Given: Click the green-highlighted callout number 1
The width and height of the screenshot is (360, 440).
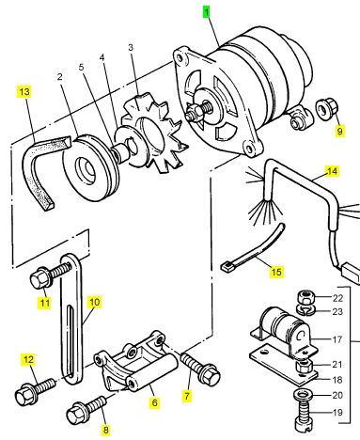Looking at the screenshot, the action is point(207,12).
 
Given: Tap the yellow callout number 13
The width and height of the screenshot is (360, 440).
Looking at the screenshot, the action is point(24,92).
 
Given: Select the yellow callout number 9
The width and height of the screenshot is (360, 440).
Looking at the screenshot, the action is point(340,131).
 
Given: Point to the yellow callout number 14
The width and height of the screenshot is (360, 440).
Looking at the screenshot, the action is point(332,171).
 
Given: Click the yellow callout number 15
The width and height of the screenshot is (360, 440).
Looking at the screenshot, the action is point(276,272).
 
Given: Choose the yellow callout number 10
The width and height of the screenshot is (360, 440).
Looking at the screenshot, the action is point(94,302).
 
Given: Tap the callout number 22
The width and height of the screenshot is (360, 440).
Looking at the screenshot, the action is point(337,298).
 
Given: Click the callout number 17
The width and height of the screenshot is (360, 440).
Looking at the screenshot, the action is point(337,339).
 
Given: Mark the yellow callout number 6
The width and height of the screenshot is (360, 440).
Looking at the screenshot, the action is point(154,402).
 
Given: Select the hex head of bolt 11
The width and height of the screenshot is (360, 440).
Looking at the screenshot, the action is point(39,278).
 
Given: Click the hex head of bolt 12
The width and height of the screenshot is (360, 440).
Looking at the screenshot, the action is point(24,396).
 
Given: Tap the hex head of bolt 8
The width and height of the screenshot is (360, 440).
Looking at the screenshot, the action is point(75,415).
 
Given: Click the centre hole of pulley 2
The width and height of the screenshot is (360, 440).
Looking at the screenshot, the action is point(86,167).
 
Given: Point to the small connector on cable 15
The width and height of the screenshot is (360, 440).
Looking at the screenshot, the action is point(226,267).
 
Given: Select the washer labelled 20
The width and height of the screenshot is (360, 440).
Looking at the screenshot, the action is point(302,395).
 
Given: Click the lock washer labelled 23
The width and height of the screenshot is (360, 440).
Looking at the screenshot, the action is point(305,310).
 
